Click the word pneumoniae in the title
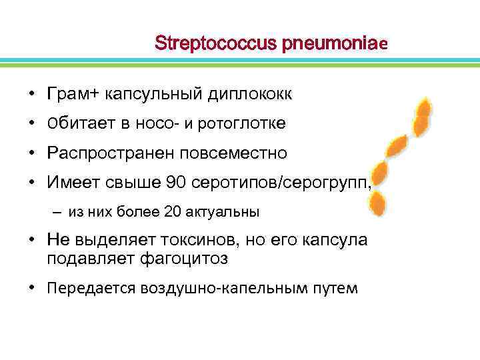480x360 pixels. click(x=334, y=43)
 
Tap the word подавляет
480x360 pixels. click(x=89, y=259)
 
